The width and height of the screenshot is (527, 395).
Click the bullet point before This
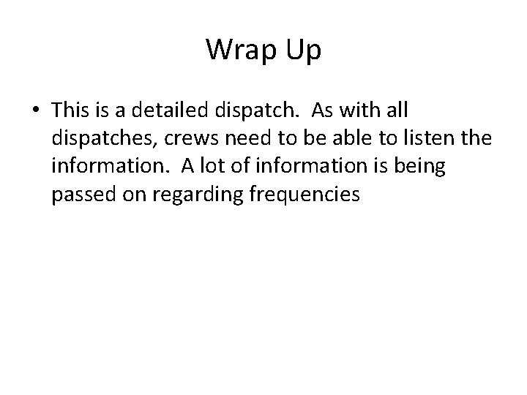pyautogui.click(x=35, y=111)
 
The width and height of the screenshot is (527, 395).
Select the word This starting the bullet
pyautogui.click(x=71, y=111)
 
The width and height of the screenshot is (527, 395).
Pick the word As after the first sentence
pyautogui.click(x=324, y=111)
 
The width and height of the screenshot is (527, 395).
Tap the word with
pyautogui.click(x=362, y=111)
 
